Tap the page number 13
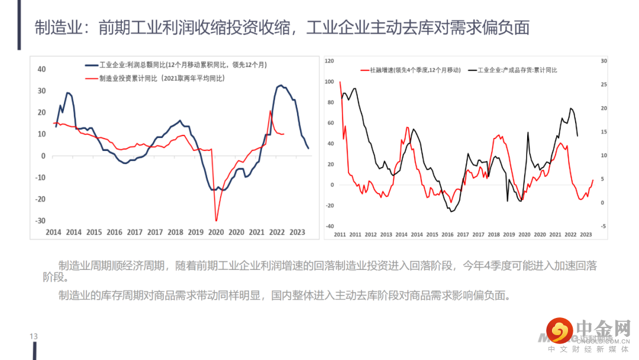[x=34, y=337]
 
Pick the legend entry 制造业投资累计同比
[x=154, y=78]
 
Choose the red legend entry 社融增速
[x=410, y=70]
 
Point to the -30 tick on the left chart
[x=41, y=221]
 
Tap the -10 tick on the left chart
[x=41, y=178]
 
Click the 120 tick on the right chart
[x=330, y=61]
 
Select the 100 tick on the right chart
[x=330, y=81]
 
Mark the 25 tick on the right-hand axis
[x=603, y=85]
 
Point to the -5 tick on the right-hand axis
[x=603, y=226]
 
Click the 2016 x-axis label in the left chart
[x=114, y=232]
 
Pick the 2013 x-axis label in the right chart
[x=386, y=234]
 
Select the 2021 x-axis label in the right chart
[x=555, y=234]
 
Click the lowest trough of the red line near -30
[x=216, y=220]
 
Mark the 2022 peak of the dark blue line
[x=280, y=85]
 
